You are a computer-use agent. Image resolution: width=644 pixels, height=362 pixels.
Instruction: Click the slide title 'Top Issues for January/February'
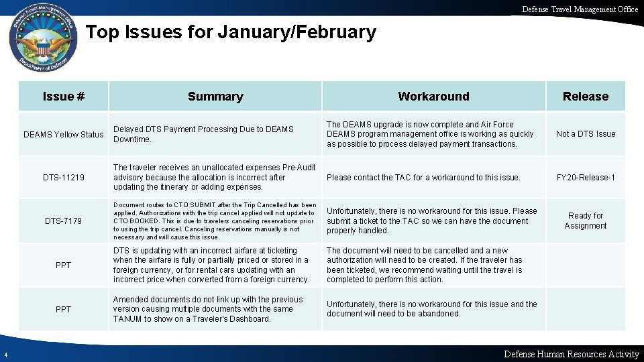231,32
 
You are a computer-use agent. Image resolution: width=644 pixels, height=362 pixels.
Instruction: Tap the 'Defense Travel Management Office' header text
580,9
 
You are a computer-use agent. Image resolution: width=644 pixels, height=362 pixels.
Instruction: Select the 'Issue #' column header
64,96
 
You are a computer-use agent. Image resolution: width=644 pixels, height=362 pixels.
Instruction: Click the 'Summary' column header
215,96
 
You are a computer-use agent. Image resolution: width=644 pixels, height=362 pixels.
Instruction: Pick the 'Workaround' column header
433,96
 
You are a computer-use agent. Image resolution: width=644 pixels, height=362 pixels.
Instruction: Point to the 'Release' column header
586,96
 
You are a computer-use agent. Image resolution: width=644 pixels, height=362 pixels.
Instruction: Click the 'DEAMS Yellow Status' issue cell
64,134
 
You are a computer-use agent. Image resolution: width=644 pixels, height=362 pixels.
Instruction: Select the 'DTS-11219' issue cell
64,177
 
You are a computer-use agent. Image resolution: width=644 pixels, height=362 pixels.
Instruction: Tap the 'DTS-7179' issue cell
64,221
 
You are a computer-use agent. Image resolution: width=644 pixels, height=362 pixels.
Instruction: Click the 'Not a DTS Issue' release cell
586,134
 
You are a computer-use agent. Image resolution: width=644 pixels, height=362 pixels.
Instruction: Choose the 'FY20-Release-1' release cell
586,177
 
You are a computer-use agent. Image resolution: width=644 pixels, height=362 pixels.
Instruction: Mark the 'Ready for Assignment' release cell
586,221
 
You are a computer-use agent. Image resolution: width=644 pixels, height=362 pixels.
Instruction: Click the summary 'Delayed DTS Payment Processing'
204,134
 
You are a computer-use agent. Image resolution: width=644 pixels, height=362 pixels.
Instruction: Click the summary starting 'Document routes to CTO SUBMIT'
215,221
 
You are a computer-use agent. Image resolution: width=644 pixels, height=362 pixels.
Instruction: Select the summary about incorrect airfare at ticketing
211,265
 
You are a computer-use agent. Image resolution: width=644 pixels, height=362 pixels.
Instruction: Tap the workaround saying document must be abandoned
431,308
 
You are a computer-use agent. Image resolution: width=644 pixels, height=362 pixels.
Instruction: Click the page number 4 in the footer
5,355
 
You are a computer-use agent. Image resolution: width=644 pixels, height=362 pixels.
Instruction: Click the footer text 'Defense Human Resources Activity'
571,354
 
